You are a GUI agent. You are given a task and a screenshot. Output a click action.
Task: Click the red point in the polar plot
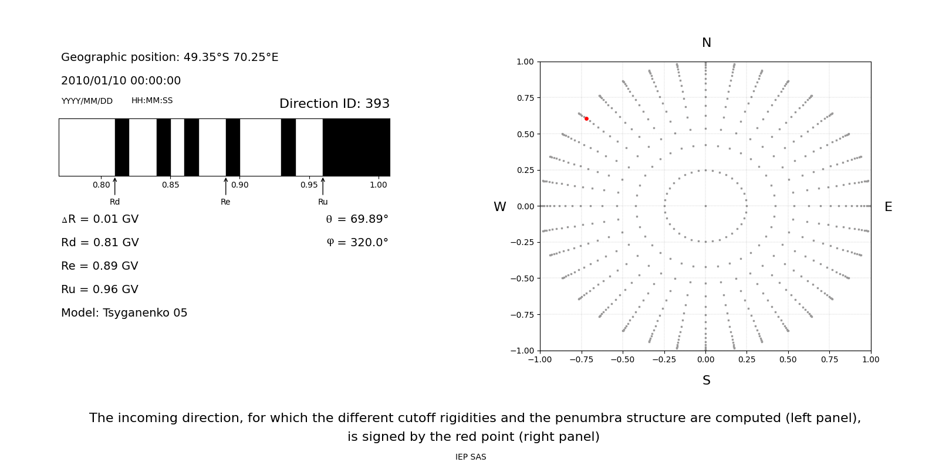(586, 118)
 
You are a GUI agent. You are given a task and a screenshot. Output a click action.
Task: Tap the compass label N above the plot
(707, 43)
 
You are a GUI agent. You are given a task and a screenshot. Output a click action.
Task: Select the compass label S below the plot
(707, 380)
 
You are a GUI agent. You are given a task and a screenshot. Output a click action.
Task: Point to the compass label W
(500, 207)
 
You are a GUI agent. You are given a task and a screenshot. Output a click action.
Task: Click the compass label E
(888, 207)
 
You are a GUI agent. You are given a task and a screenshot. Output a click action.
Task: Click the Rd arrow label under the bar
(114, 202)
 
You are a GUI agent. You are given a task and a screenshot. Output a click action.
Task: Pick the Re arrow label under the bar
(225, 202)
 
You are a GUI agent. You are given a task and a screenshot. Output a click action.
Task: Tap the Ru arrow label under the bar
(323, 202)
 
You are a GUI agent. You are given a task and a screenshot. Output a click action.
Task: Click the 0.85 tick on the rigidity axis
(171, 185)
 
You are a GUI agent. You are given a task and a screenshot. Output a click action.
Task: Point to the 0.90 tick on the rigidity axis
(239, 185)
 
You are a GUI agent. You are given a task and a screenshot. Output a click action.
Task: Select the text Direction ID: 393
(335, 104)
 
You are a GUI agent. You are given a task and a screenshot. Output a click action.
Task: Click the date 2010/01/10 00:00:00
(121, 81)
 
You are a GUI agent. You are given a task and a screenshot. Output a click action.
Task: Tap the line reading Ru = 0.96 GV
(100, 290)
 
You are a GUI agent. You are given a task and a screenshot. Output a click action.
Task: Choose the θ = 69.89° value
(357, 219)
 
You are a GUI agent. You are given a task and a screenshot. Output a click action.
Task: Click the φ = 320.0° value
(357, 243)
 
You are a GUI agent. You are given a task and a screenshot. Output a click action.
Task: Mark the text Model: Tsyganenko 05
(124, 313)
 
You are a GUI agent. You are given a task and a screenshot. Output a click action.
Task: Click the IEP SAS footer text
(471, 457)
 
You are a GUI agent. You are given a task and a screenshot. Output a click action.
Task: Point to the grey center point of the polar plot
(705, 206)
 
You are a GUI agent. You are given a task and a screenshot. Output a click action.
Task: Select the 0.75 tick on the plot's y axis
(525, 98)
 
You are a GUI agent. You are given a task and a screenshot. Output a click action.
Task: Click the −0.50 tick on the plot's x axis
(623, 359)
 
